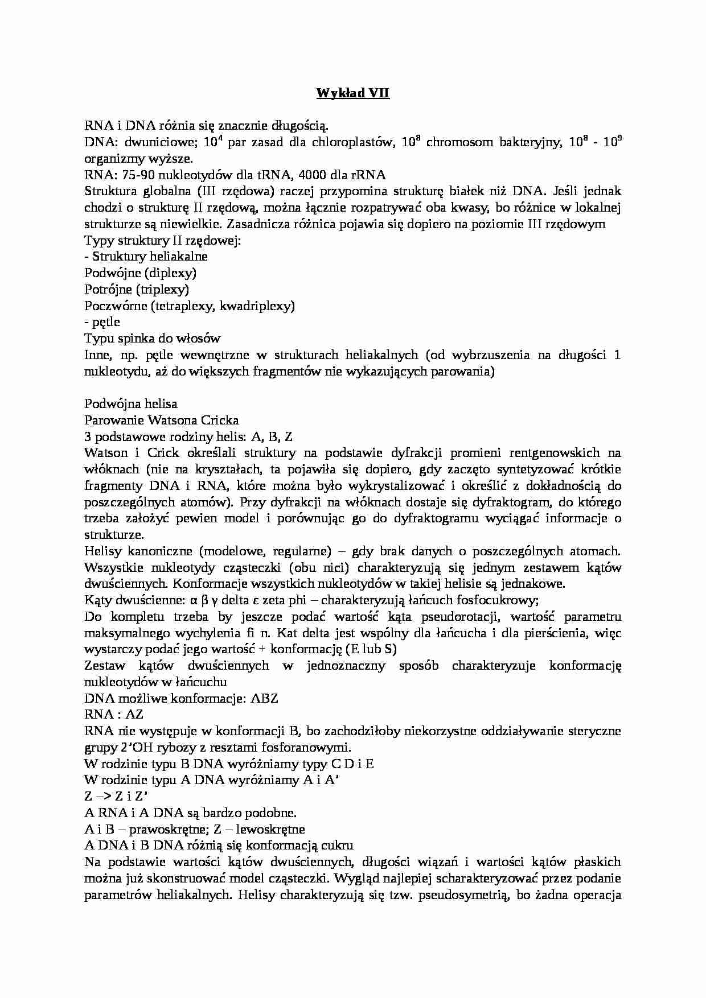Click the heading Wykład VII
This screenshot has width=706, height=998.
(x=352, y=93)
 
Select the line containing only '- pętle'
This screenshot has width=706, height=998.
(x=102, y=323)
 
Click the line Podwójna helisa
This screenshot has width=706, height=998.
(x=131, y=405)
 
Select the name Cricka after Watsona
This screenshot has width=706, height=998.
(x=219, y=421)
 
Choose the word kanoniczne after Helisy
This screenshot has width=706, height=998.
(x=161, y=552)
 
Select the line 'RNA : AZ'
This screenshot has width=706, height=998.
(x=114, y=715)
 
